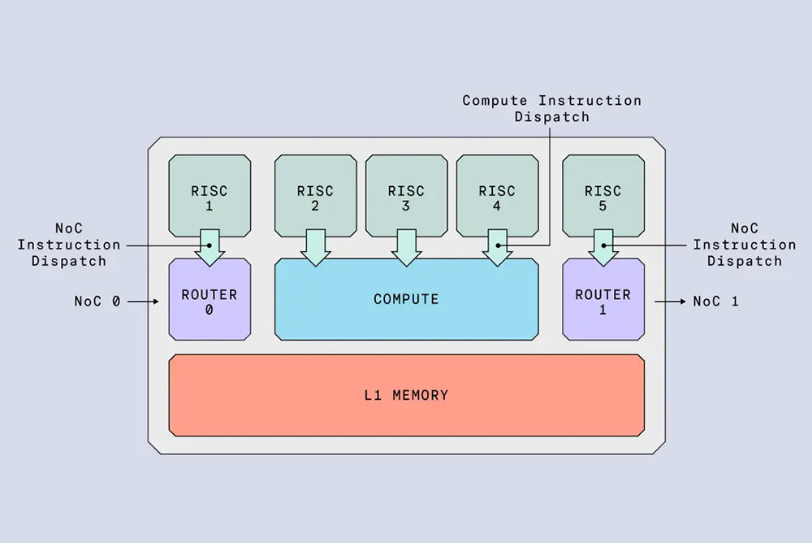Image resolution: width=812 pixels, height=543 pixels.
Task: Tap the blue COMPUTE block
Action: [x=406, y=299]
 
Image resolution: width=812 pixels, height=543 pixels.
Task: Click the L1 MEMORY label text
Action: [x=406, y=395]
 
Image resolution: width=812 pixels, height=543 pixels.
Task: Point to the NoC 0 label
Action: [x=97, y=302]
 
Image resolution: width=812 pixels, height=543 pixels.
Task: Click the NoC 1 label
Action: [x=715, y=302]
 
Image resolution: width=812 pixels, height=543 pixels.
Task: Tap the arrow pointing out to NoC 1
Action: [x=670, y=302]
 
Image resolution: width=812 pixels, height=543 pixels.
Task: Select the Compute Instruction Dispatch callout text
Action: [x=551, y=108]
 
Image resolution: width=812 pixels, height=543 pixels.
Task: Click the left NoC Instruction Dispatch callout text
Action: [x=69, y=245]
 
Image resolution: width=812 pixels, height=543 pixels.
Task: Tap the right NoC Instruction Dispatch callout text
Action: [x=744, y=245]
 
